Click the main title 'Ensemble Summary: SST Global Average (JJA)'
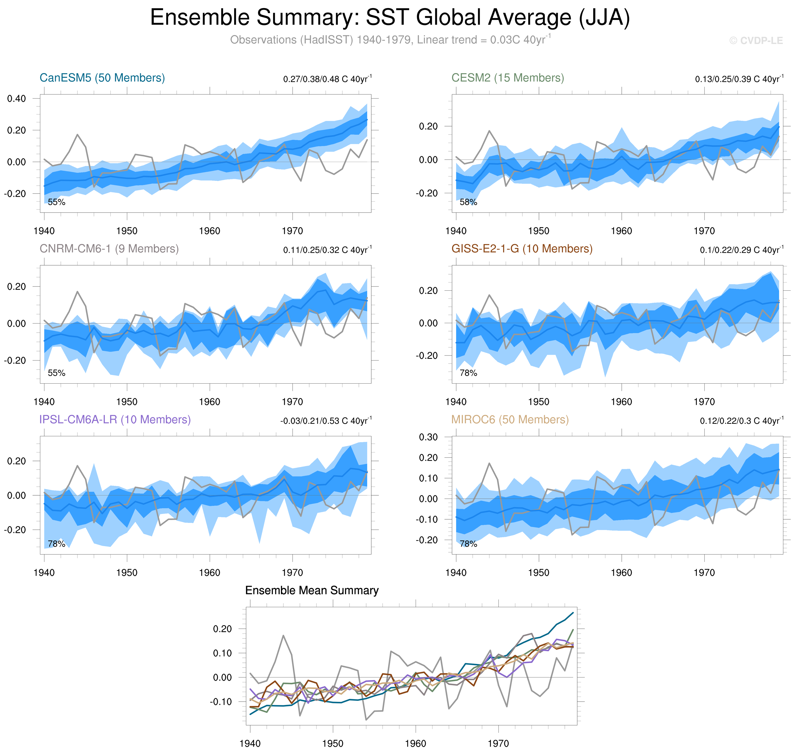(x=390, y=18)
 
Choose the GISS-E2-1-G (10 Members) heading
(x=522, y=249)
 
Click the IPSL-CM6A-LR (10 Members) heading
(x=115, y=419)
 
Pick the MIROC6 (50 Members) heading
(x=510, y=419)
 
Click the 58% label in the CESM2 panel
(x=468, y=203)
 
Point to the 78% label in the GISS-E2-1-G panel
(x=468, y=373)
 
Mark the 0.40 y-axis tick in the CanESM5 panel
(x=17, y=99)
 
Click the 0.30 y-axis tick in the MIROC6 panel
(x=428, y=438)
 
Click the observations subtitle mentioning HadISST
(x=390, y=40)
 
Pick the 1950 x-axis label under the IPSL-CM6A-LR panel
(x=127, y=573)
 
